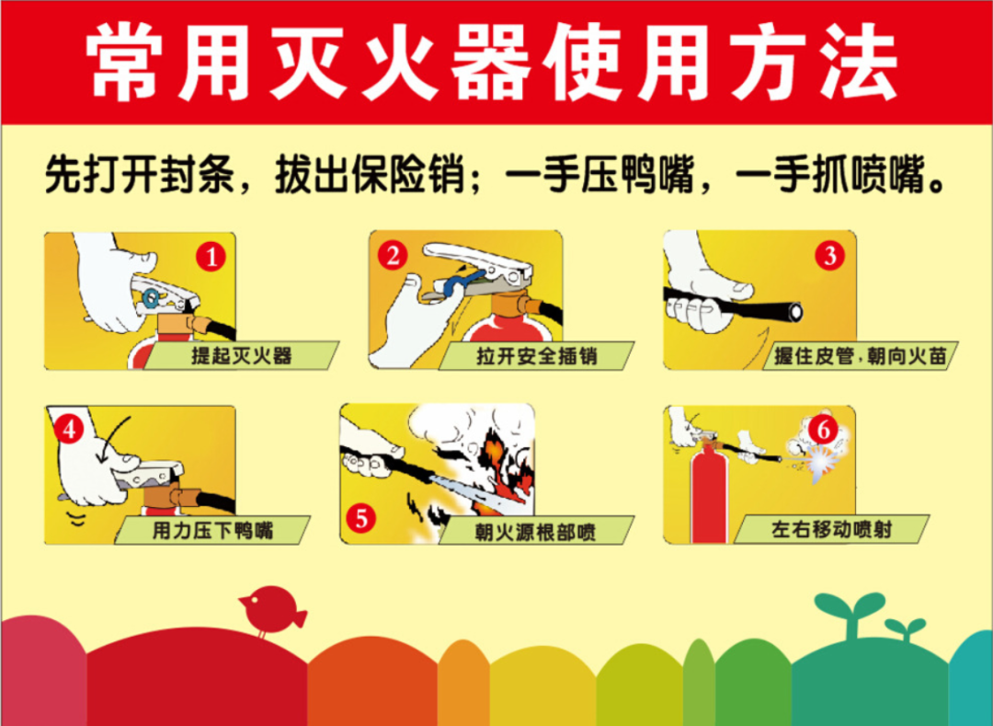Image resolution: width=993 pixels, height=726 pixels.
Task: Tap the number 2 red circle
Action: click(394, 255)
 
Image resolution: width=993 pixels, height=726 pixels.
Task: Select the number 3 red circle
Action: click(830, 255)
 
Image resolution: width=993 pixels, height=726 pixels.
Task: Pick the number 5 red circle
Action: click(360, 518)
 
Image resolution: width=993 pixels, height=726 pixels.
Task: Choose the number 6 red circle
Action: click(824, 429)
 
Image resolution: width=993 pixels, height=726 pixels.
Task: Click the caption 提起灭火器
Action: click(241, 355)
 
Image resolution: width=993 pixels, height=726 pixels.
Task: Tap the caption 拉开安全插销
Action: click(537, 356)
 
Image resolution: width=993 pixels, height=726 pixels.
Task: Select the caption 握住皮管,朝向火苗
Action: click(860, 356)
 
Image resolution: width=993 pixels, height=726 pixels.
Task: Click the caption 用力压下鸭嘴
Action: click(213, 529)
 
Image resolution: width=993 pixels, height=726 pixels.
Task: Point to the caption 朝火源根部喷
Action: click(536, 531)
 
